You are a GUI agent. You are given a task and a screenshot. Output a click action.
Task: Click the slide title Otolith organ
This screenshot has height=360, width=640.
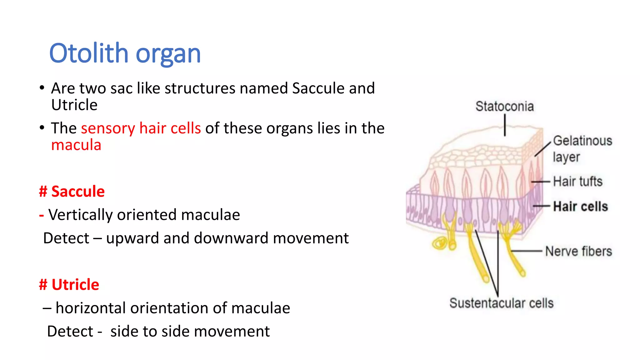point(125,53)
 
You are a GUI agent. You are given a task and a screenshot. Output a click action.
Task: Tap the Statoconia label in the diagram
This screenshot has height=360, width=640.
point(504,107)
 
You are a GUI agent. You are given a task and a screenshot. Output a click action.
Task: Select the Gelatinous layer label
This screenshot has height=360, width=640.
point(582,149)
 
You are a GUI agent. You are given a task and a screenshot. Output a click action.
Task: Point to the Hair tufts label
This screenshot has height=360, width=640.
point(577,182)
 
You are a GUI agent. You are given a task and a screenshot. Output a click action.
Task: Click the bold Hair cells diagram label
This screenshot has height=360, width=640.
point(580,207)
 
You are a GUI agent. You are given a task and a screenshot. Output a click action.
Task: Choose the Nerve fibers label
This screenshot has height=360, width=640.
point(578,252)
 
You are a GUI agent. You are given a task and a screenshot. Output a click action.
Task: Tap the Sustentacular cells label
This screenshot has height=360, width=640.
point(501,303)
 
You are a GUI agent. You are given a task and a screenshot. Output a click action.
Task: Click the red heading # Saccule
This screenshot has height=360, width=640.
point(72,191)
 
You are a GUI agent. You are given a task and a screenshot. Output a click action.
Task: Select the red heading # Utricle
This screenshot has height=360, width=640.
point(69,284)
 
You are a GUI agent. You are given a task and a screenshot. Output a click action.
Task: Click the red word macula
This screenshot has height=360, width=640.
point(76,145)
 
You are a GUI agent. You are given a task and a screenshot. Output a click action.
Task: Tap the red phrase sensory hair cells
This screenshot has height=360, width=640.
point(141,128)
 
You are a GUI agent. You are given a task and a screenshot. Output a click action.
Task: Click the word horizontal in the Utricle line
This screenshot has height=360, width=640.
point(91,308)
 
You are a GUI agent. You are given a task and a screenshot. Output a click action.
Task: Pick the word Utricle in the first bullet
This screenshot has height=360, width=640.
point(74,105)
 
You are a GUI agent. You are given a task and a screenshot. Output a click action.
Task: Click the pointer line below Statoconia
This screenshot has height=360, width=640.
point(505,125)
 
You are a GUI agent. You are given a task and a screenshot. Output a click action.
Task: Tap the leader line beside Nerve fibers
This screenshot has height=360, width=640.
point(527,251)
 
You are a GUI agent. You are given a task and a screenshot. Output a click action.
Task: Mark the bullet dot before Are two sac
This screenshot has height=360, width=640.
point(42,88)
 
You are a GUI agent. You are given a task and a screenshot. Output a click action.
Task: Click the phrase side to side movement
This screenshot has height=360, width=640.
point(190,331)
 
